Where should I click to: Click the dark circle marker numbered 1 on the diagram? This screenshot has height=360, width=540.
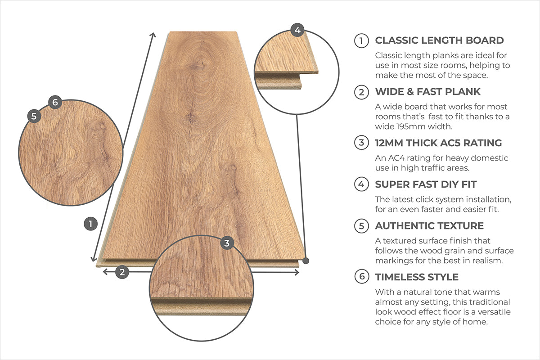[91, 224]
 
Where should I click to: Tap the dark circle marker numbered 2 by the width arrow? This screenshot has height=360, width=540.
[122, 271]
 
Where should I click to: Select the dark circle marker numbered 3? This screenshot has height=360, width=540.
[227, 243]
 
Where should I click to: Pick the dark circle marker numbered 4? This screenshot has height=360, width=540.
[297, 30]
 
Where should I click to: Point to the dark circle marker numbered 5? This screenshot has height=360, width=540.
[34, 116]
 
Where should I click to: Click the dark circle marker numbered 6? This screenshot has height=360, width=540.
[54, 102]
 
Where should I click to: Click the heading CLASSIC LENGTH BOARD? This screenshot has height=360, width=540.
[439, 40]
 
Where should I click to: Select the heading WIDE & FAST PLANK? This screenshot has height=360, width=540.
[427, 92]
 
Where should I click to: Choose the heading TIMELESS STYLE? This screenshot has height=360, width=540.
[417, 277]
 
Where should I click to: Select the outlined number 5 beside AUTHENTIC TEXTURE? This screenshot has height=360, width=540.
[361, 226]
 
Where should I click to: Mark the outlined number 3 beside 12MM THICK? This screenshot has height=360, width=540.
[361, 144]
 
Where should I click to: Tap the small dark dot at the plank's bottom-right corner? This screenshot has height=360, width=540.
[306, 260]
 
